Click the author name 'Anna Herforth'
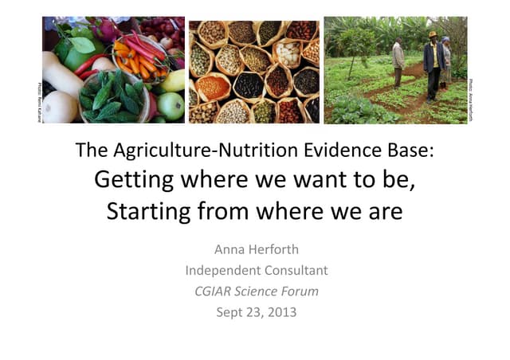pyautogui.click(x=256, y=249)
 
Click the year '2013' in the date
pyautogui.click(x=280, y=311)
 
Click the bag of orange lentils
pyautogui.click(x=212, y=86)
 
